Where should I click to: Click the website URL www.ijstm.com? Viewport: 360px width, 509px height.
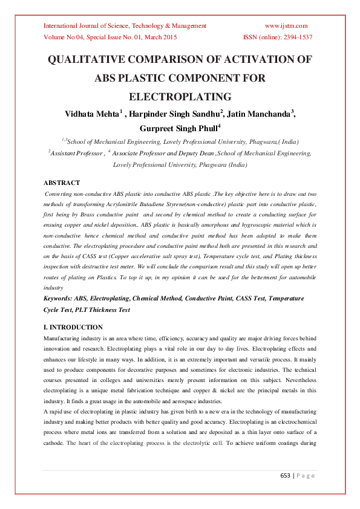[x=286, y=25]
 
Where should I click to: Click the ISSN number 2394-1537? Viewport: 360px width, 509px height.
[x=295, y=37]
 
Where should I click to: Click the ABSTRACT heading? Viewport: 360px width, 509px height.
[x=62, y=182]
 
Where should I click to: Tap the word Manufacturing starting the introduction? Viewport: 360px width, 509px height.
[x=63, y=340]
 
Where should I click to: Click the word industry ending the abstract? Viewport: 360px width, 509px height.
[x=54, y=288]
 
